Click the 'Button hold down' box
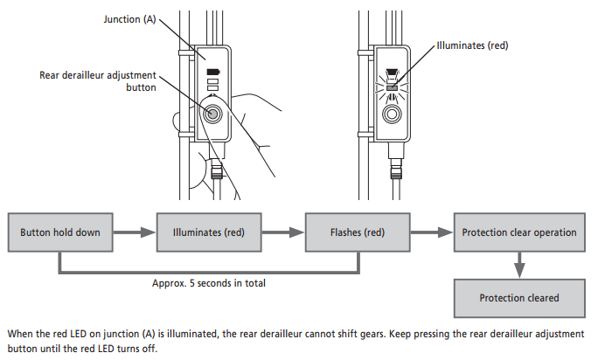click(59, 232)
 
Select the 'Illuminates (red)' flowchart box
click(203, 232)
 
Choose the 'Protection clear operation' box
click(519, 232)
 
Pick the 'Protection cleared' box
click(519, 298)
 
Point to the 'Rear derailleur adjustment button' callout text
click(98, 80)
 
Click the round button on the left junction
click(213, 113)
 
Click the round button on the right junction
click(391, 113)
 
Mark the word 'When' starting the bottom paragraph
click(19, 333)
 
